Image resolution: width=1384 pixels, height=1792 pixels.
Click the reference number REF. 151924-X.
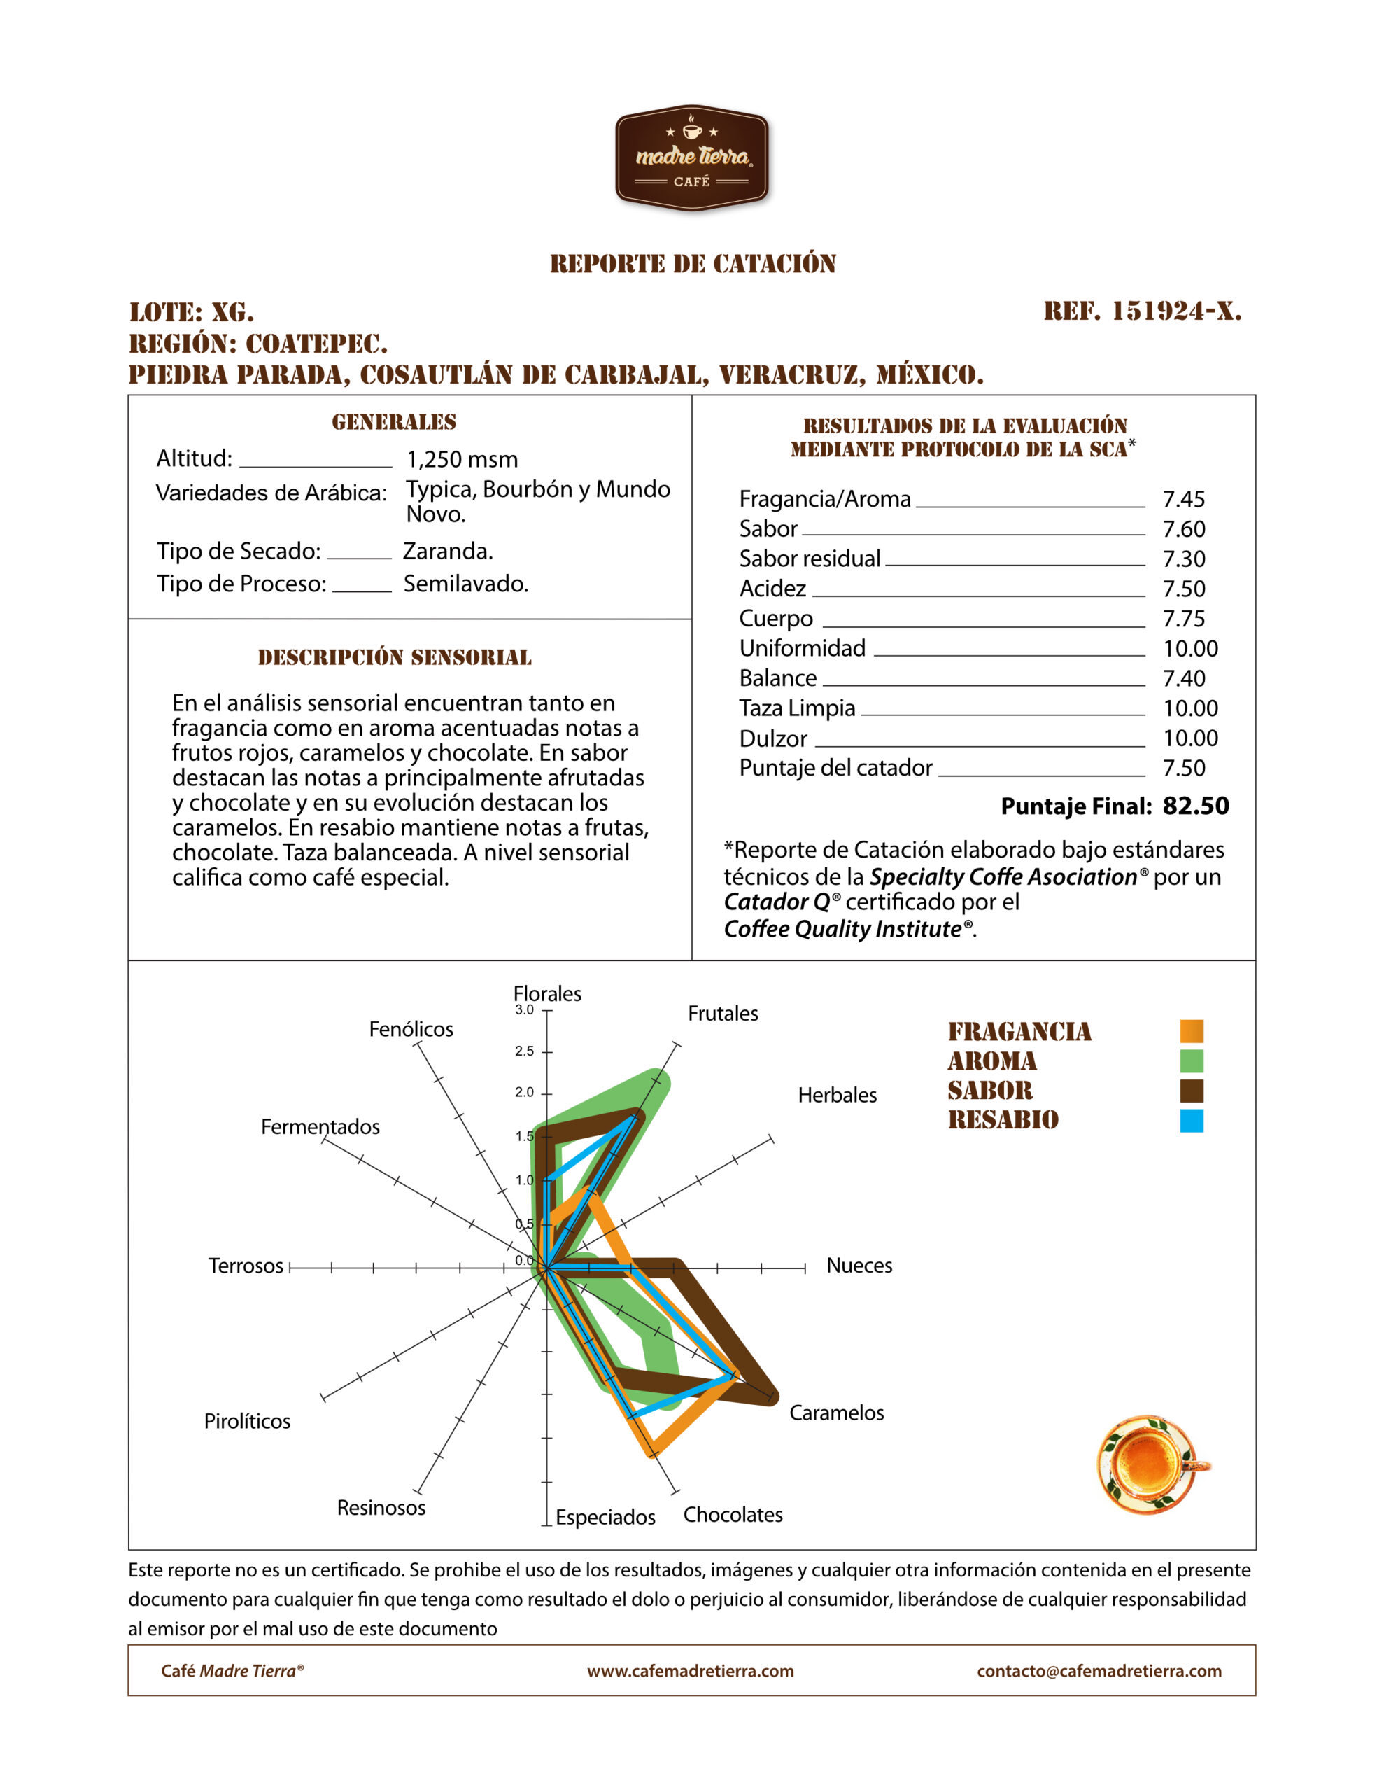(x=1142, y=311)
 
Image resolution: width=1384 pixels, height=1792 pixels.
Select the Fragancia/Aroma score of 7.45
(x=1184, y=499)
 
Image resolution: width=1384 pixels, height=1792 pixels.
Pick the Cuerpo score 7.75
(x=1184, y=619)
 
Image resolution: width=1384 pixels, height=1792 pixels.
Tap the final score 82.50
(x=1195, y=806)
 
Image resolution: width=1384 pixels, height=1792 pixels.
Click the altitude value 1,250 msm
(x=462, y=459)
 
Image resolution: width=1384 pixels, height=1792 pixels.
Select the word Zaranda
(x=448, y=551)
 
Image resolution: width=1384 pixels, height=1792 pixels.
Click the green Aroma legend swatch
(x=1191, y=1061)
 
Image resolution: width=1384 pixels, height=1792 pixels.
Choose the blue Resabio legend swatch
(x=1191, y=1121)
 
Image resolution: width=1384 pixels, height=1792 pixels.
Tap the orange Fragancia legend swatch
(x=1191, y=1031)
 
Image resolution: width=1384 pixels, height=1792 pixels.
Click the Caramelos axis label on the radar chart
(x=836, y=1413)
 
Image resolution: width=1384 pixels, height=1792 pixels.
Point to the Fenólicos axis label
(x=410, y=1029)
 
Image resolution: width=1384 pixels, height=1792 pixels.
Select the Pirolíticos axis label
(x=247, y=1421)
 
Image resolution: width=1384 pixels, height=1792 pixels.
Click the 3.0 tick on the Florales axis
(x=524, y=1010)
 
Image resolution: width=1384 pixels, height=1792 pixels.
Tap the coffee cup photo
(x=1152, y=1464)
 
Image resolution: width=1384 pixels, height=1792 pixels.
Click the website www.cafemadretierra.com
(x=690, y=1672)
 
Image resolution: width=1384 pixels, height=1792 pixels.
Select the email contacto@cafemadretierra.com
(x=1099, y=1672)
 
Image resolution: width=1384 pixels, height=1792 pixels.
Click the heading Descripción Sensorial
(x=395, y=657)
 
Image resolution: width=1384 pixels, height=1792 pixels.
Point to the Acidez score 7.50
(x=1184, y=589)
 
